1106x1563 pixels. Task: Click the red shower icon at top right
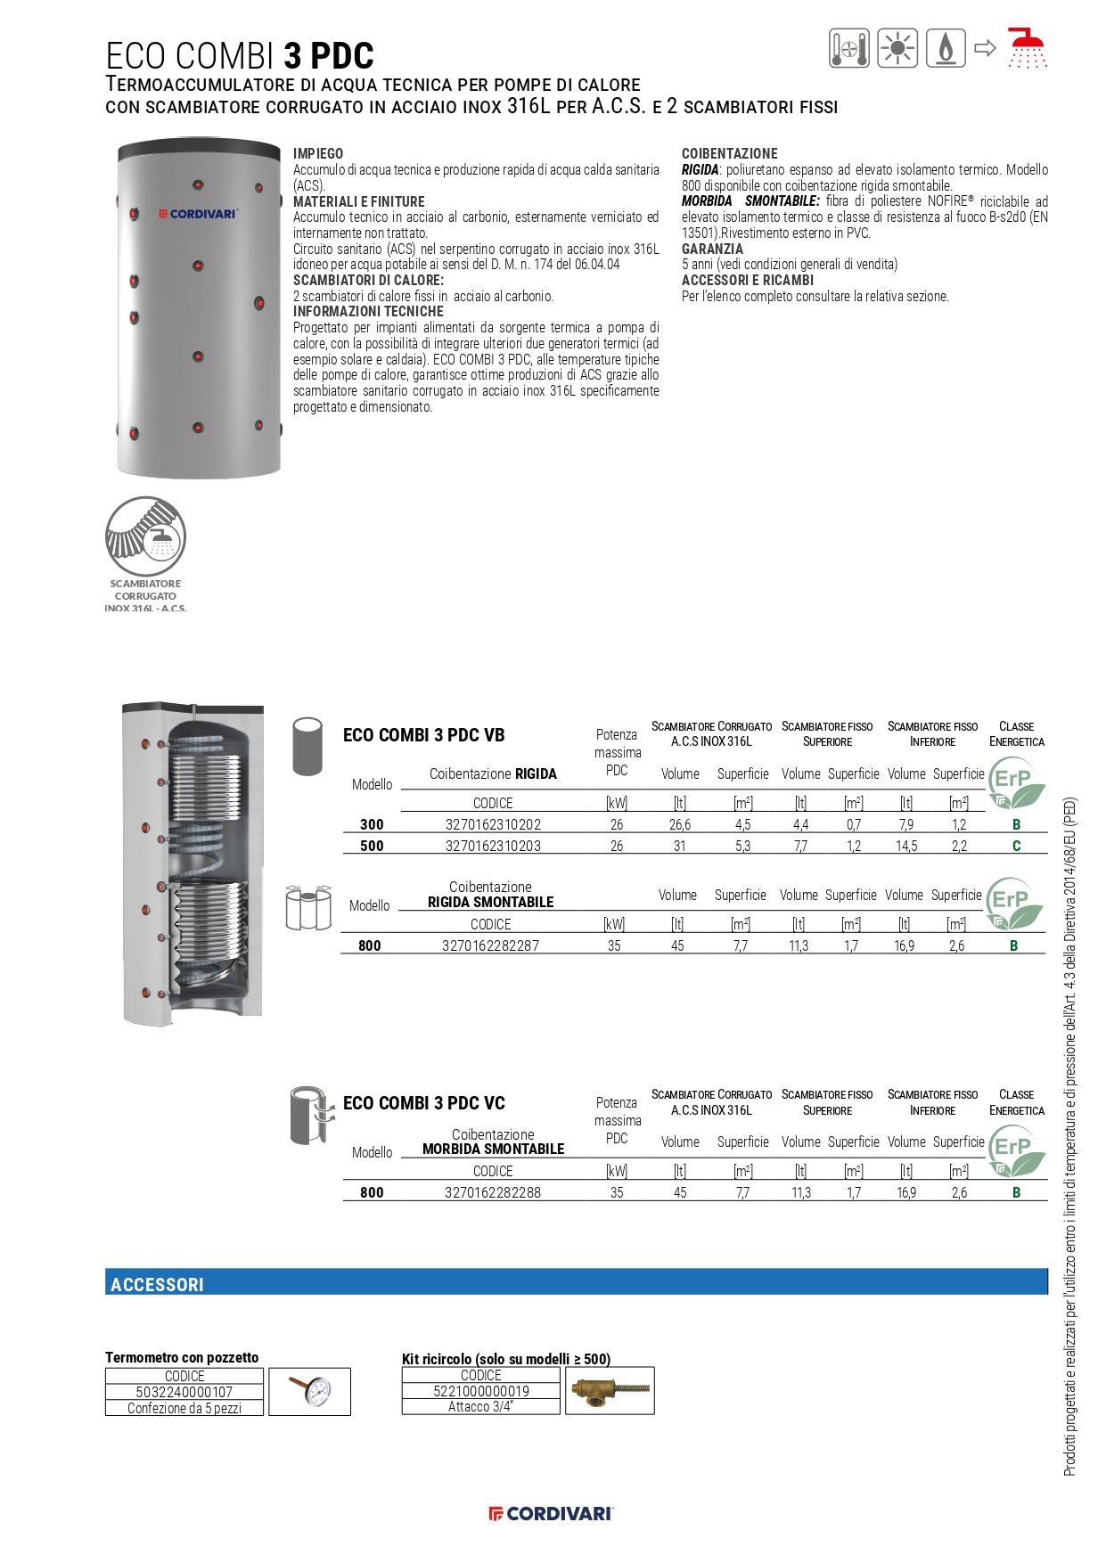click(x=1027, y=47)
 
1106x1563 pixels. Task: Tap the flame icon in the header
click(x=946, y=48)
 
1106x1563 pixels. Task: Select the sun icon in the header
click(x=897, y=48)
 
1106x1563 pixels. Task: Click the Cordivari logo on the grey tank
click(x=198, y=214)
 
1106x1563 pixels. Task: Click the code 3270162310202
click(x=493, y=825)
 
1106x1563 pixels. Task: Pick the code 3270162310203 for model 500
click(x=493, y=847)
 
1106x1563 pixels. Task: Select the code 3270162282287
click(x=490, y=946)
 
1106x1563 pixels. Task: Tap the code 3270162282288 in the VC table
click(x=493, y=1193)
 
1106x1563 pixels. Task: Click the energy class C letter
click(x=1016, y=847)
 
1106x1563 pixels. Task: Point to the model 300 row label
click(x=372, y=825)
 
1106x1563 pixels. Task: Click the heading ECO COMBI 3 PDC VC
click(x=424, y=1103)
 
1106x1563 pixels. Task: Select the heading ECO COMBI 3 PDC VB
click(x=424, y=735)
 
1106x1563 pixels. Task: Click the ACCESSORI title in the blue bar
click(x=157, y=1285)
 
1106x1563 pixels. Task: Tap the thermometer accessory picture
click(x=309, y=1391)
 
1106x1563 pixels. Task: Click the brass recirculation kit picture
click(x=610, y=1390)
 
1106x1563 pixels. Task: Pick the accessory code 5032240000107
click(x=184, y=1392)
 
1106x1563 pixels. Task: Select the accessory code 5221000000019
click(x=481, y=1391)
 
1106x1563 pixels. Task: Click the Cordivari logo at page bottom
click(x=552, y=1513)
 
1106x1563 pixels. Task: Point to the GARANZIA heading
click(x=712, y=250)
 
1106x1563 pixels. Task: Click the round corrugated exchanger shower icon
click(x=145, y=536)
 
